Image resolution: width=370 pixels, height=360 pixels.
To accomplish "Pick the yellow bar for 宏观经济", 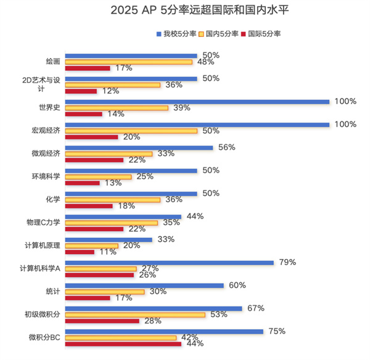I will click(131, 131).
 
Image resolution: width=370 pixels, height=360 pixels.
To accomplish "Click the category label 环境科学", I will click(47, 177).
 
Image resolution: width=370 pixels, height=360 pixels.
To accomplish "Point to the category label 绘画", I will click(52, 62).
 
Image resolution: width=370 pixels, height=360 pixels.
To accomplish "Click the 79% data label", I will click(287, 262).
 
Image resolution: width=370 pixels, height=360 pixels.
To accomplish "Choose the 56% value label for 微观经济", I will click(226, 147).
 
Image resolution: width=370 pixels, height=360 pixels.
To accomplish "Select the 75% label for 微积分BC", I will click(277, 331).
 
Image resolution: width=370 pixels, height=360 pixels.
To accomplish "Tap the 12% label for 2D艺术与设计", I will click(110, 91).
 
